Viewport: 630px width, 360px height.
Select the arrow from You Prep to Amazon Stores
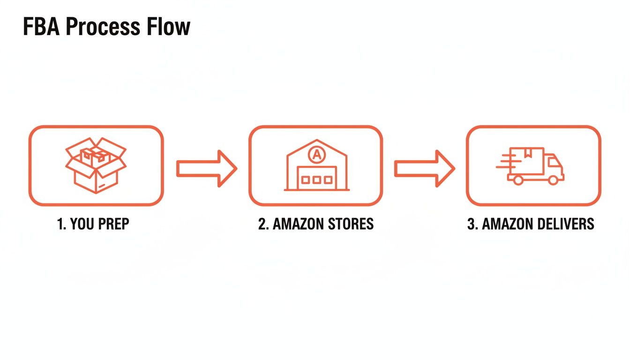(x=206, y=169)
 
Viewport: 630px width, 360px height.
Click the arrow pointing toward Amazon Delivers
(x=424, y=169)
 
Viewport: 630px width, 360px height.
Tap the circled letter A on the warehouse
(x=316, y=154)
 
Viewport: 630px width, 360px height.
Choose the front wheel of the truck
(x=554, y=180)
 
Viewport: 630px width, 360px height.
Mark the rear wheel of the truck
(x=518, y=180)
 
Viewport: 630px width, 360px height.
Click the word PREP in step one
(x=114, y=224)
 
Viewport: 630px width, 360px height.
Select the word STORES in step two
(x=352, y=224)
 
